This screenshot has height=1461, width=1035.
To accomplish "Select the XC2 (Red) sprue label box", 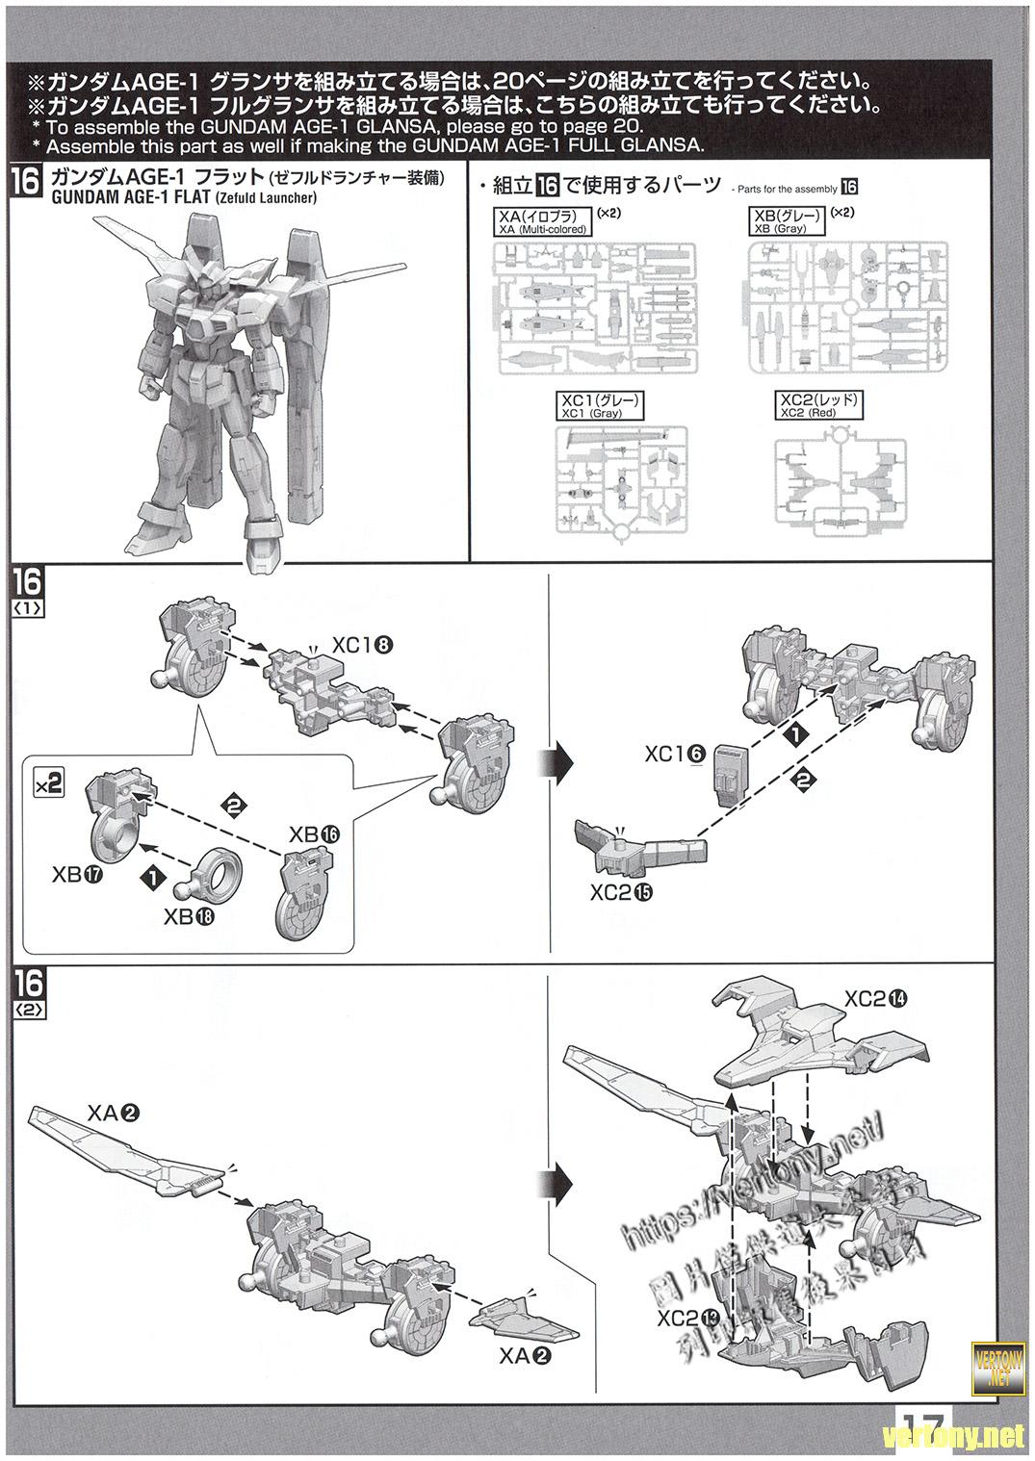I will click(x=820, y=405).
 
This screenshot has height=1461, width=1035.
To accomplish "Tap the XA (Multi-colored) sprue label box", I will click(x=542, y=223).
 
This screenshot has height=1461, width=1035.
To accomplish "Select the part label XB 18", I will click(x=191, y=916).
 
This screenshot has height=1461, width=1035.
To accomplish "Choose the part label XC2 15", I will click(x=622, y=892).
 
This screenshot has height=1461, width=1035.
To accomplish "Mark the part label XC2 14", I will click(x=875, y=999).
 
